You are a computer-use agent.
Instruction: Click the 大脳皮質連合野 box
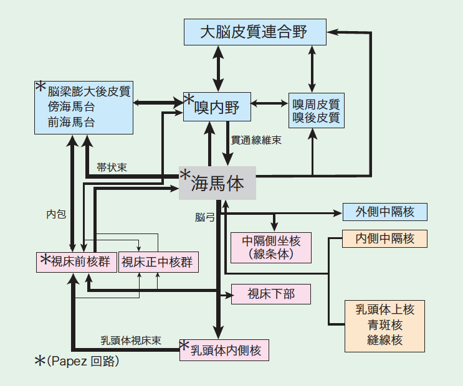tap(255, 32)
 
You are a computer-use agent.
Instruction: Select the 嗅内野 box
tap(216, 108)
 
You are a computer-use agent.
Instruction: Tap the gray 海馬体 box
tap(217, 183)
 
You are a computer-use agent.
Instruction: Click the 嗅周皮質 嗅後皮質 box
tap(316, 110)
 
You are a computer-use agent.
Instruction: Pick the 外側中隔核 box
tap(384, 212)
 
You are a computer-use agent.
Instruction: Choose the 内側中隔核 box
tap(384, 238)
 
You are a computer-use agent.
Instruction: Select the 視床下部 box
tap(270, 294)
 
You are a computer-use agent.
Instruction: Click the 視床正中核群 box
tap(158, 262)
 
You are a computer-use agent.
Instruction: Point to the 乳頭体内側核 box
tap(224, 350)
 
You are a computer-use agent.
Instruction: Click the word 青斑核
tap(384, 324)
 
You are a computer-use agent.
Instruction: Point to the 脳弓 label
tap(204, 217)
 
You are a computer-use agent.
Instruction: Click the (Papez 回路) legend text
tap(83, 362)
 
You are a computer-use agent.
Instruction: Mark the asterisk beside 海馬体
tap(185, 176)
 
